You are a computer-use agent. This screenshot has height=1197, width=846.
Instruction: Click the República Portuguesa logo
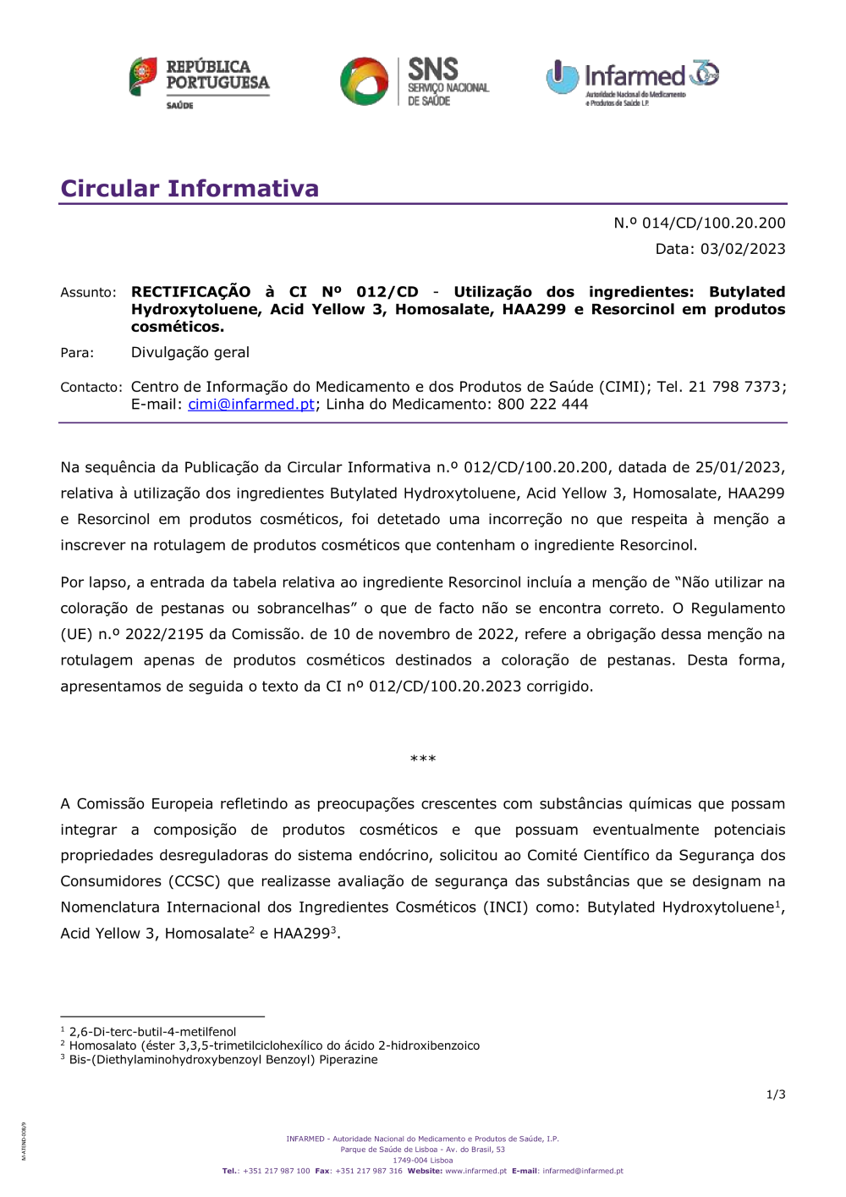coord(200,82)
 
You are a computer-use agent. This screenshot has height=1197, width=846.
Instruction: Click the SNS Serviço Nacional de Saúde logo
coord(415,82)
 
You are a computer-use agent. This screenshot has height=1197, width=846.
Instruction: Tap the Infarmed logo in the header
coord(632,82)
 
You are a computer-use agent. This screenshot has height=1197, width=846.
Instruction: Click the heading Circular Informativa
coord(190,188)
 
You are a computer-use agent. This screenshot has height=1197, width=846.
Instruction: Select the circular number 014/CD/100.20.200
coord(713,223)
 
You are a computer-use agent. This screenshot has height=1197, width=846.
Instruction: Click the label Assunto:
coord(88,293)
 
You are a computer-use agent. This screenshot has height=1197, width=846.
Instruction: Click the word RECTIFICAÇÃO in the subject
coord(190,292)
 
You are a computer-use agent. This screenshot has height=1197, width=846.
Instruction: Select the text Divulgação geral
coord(190,352)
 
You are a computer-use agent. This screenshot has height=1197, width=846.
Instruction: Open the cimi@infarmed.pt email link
coord(251,405)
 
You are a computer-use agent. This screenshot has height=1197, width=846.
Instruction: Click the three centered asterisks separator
coord(423,759)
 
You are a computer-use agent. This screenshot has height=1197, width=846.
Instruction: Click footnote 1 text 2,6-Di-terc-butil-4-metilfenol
coord(152,1032)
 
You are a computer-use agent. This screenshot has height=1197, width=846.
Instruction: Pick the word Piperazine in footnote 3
coord(348,1060)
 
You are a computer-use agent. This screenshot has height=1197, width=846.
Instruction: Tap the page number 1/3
coord(776,1095)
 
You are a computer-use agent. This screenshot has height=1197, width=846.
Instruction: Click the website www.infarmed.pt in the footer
coord(475,1172)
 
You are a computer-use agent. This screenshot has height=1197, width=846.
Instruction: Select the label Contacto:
coord(91,388)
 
